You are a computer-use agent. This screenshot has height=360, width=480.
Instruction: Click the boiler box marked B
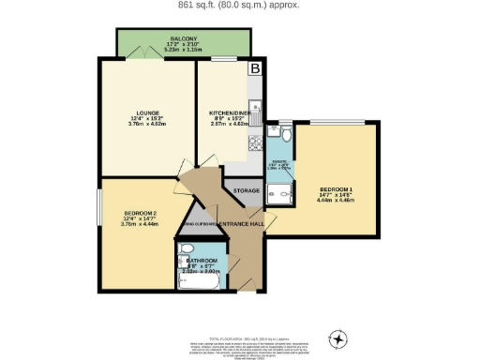[253, 67]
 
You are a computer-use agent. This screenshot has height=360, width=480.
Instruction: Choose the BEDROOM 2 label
[140, 218]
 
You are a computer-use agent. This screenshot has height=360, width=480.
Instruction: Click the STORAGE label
[246, 190]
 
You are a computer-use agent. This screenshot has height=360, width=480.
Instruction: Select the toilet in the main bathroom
[186, 249]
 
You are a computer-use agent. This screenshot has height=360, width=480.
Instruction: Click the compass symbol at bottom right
[337, 337]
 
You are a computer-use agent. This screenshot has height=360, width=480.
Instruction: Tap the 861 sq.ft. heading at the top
[240, 5]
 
